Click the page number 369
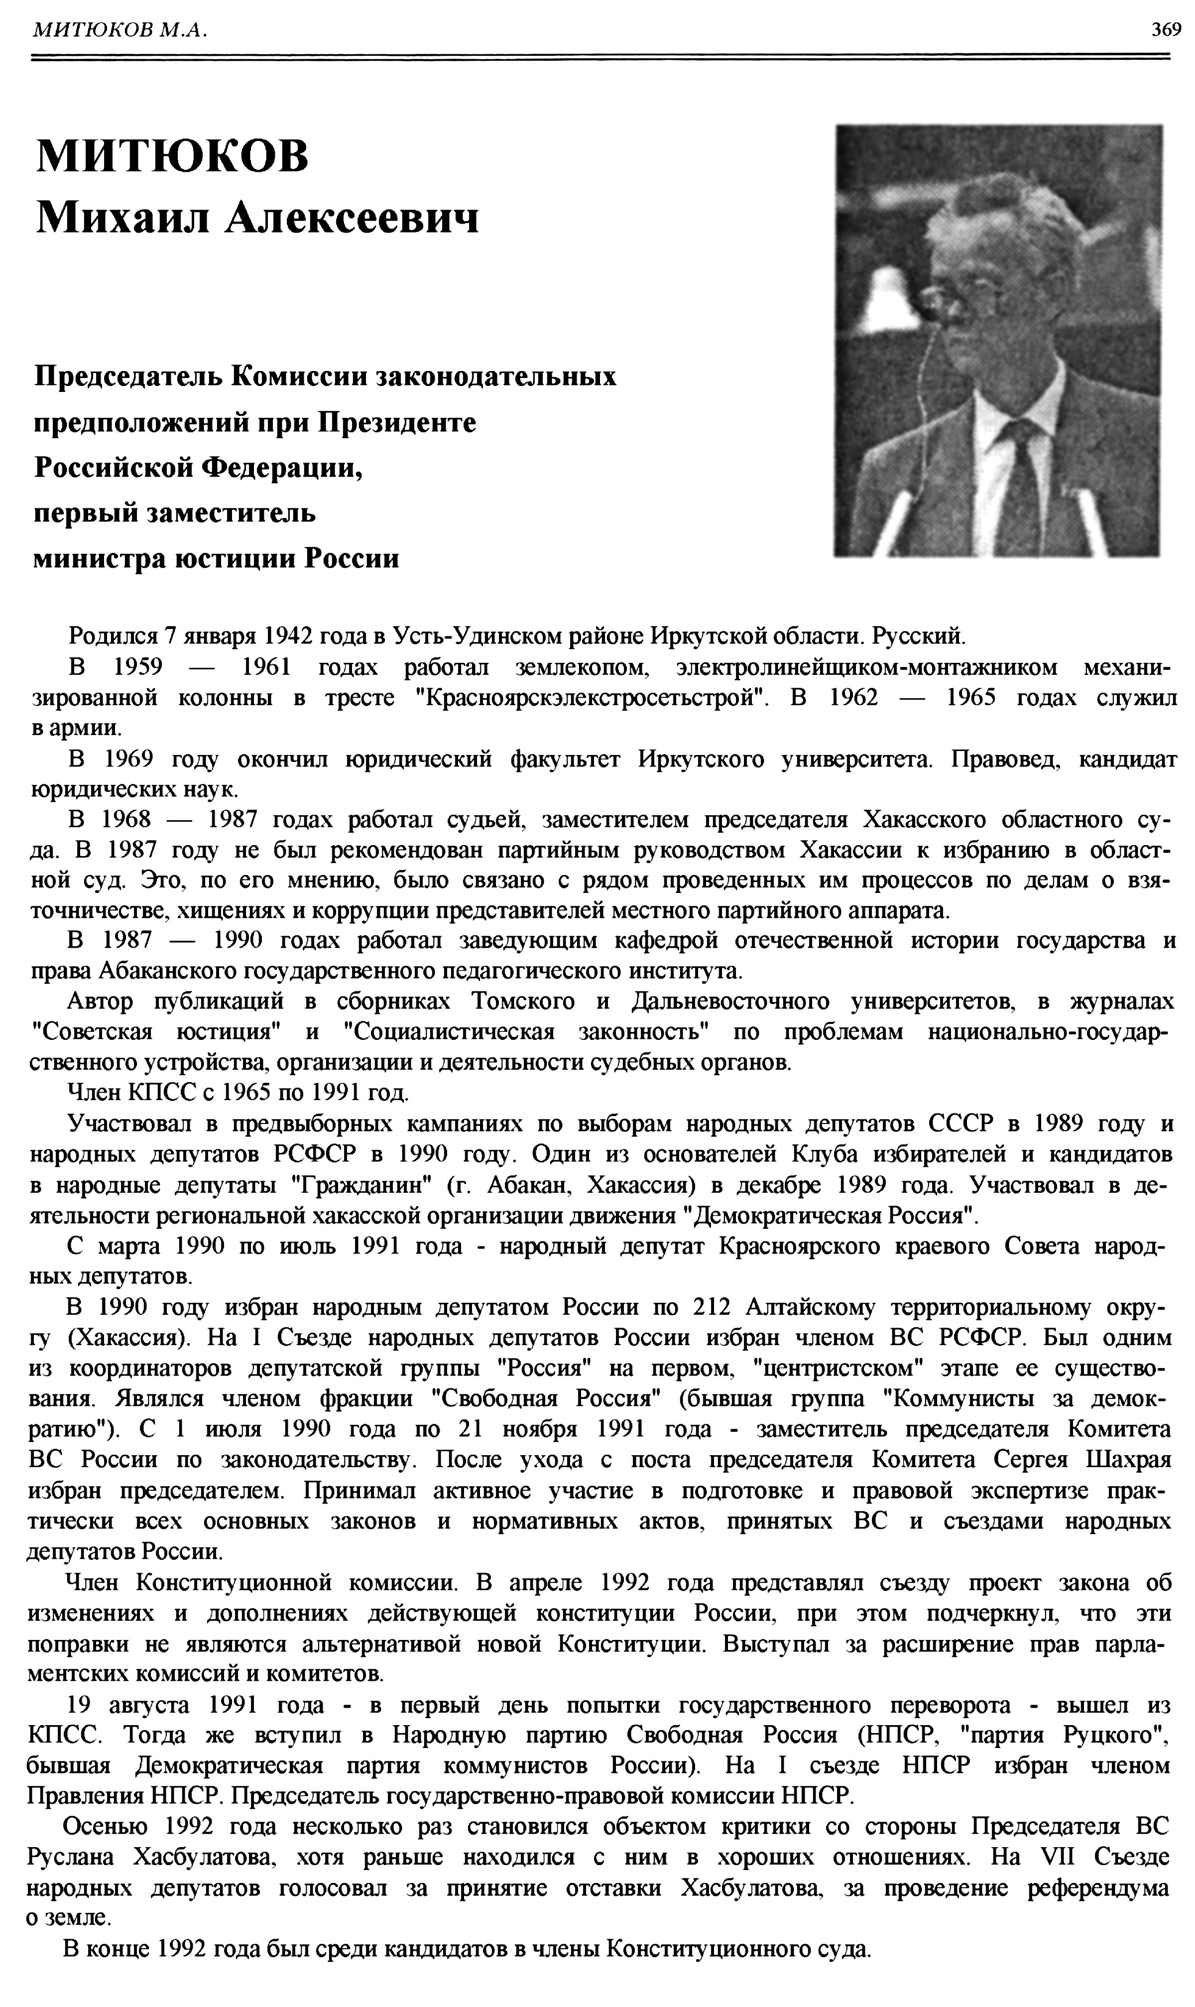tap(1165, 30)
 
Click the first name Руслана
tap(71, 1857)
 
